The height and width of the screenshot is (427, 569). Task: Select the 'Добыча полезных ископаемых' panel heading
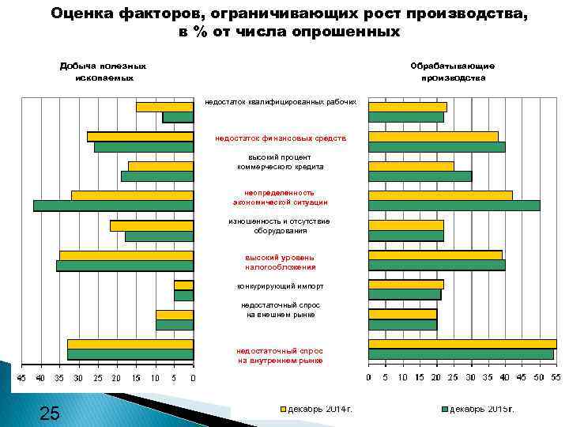coord(103,72)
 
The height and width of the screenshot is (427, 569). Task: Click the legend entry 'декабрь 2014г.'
coord(319,410)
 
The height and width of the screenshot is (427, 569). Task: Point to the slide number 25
coord(49,412)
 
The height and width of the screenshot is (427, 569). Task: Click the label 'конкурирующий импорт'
coord(280,286)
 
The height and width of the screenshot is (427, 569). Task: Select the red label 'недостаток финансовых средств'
coord(280,138)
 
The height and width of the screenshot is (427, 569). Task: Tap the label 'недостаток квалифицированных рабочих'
coord(280,102)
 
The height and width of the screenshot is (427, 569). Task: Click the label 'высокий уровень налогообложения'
coord(280,262)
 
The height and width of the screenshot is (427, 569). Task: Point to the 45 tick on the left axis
coord(21,378)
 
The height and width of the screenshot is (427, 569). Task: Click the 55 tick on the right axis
coord(556,378)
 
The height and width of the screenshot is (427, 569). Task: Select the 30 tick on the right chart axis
coord(471,378)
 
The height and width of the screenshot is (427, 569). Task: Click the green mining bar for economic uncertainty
coord(113,206)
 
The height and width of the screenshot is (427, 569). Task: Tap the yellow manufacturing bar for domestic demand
coord(462,344)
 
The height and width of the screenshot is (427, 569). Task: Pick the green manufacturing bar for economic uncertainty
coord(454,206)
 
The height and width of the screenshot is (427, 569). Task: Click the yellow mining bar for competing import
coord(183,285)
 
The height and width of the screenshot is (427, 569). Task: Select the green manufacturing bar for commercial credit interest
coord(420,176)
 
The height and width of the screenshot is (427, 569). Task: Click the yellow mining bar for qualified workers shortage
coord(164,107)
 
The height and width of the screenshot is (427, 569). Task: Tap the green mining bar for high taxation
coord(125,266)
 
